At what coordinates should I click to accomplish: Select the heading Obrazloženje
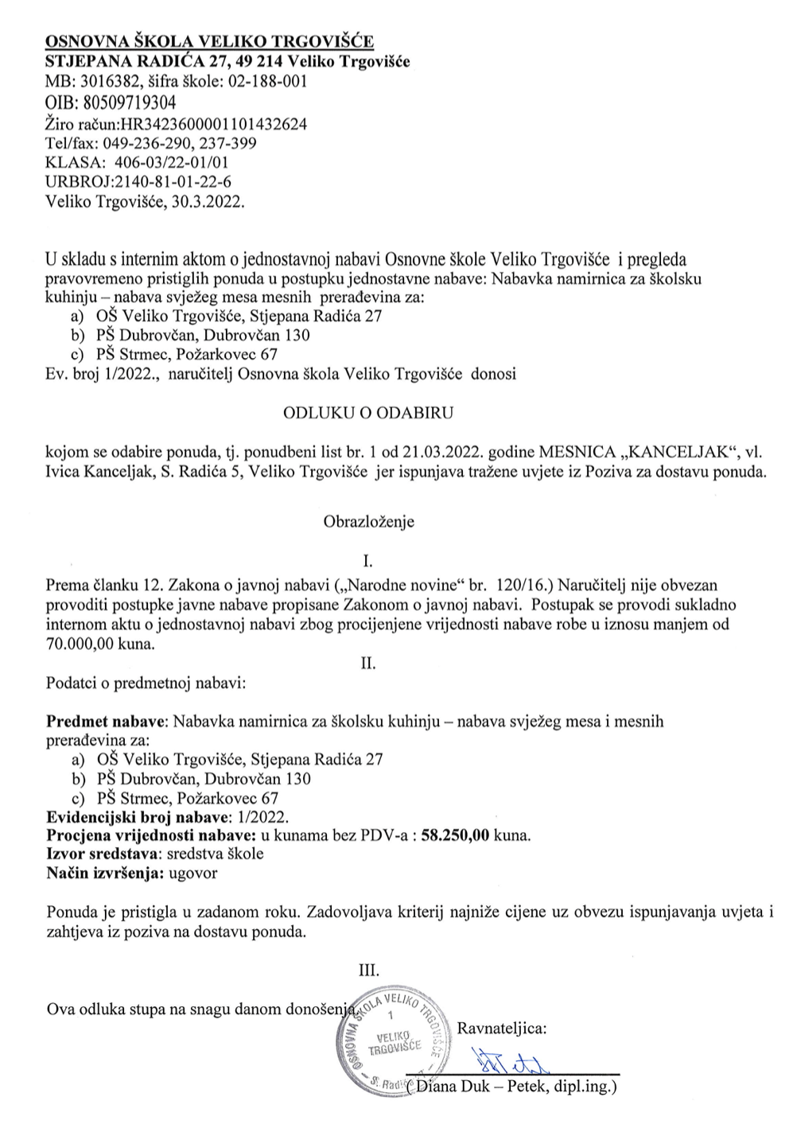(369, 523)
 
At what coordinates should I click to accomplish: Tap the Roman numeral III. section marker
(369, 970)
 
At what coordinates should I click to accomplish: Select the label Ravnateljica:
(502, 1029)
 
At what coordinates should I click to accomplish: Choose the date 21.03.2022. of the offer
(428, 452)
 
